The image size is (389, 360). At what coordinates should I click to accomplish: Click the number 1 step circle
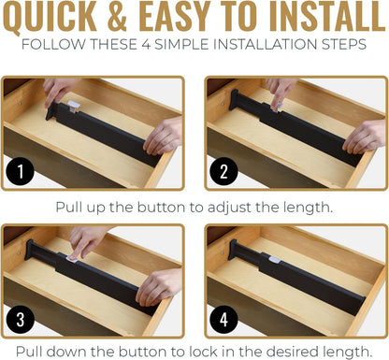[x=21, y=171]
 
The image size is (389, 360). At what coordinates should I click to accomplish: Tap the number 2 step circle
[x=223, y=171]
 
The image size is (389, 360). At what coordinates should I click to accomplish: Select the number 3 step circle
[x=21, y=319]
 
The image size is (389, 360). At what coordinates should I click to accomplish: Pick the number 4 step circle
[x=223, y=319]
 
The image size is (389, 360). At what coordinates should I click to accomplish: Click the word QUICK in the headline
[x=50, y=16]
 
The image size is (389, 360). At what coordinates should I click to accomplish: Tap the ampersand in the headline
[x=117, y=16]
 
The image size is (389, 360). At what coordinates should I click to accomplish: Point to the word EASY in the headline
[x=177, y=16]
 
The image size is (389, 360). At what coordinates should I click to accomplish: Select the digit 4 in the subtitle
[x=146, y=45]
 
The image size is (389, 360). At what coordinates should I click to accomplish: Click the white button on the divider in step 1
[x=74, y=106]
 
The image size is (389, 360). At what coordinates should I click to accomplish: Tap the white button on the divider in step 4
[x=274, y=259]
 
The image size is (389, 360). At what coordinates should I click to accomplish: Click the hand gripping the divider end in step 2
[x=366, y=137]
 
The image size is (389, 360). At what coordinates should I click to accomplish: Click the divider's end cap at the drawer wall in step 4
[x=232, y=250]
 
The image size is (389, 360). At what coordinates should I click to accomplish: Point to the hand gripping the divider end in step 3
[x=160, y=287]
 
